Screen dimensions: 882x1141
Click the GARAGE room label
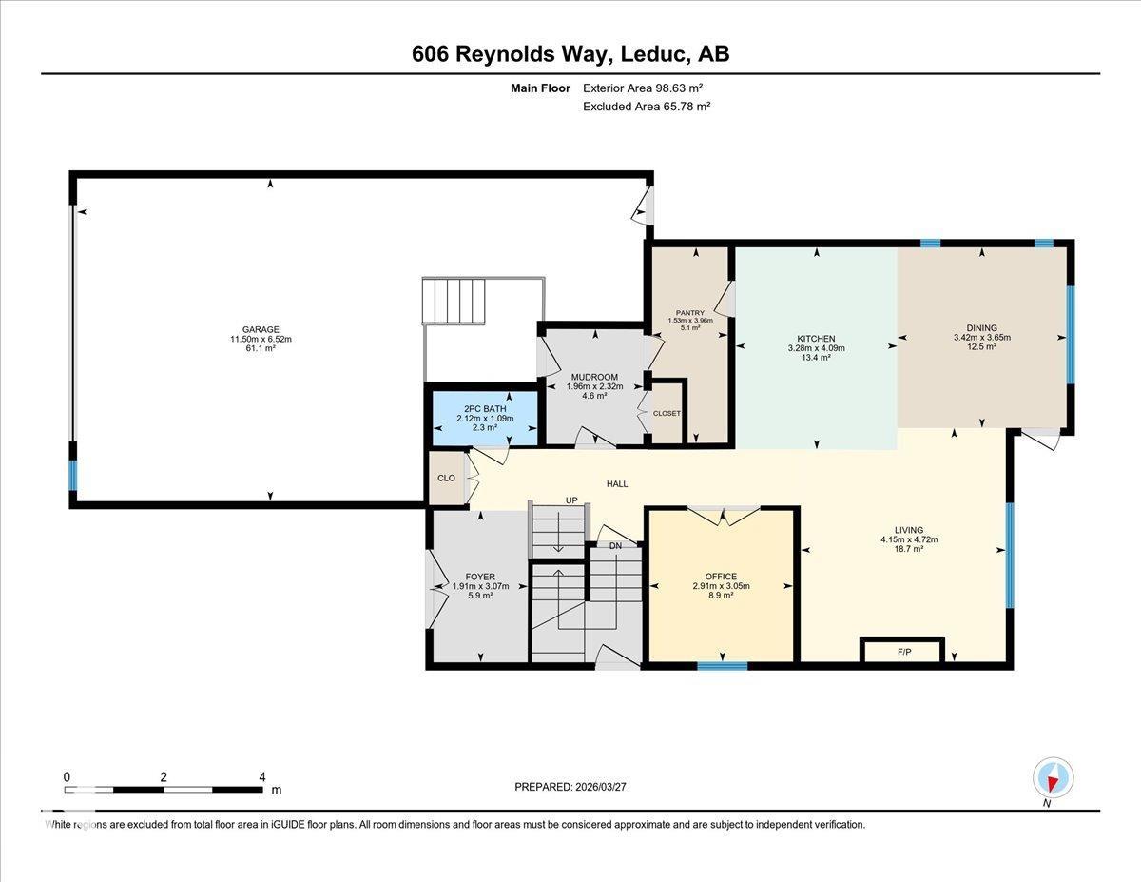click(260, 330)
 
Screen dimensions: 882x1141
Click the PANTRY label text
click(689, 312)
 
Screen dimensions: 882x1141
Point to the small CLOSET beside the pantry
click(667, 413)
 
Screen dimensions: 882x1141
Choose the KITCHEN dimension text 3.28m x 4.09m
click(816, 348)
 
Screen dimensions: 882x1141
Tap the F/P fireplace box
click(902, 652)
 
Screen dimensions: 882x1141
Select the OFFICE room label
click(721, 576)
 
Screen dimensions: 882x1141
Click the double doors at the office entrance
click(724, 517)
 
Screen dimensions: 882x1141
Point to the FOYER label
click(479, 577)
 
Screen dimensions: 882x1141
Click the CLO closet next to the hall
click(445, 479)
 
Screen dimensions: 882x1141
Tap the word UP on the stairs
click(571, 500)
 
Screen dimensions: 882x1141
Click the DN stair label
click(615, 546)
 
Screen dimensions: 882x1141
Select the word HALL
click(617, 484)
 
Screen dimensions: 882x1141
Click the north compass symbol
click(1053, 777)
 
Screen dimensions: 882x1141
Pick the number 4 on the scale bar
click(261, 776)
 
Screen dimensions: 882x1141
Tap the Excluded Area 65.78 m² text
click(647, 107)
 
